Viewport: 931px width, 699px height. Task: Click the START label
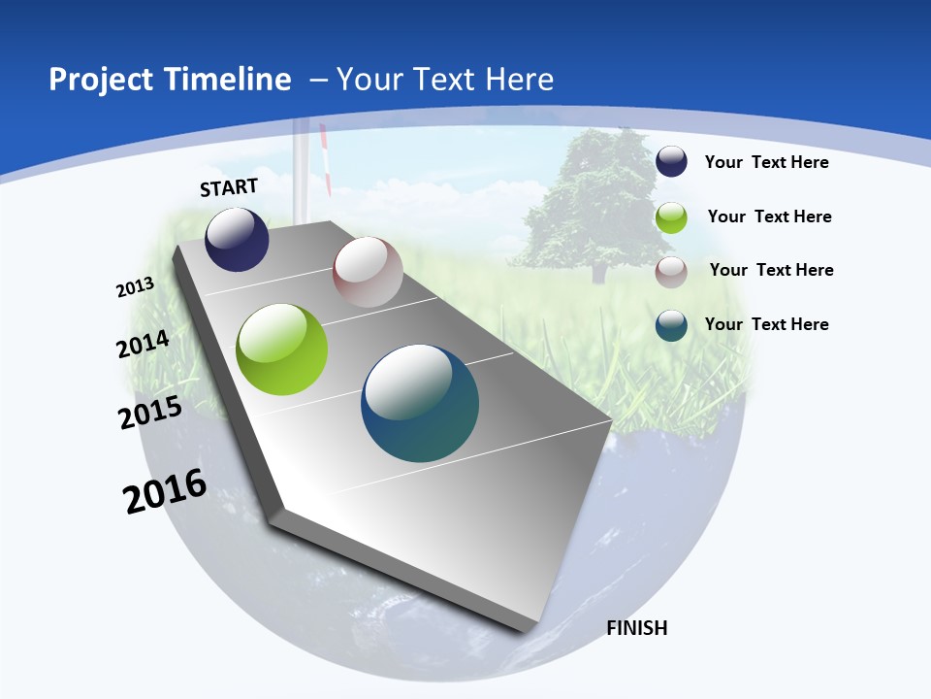click(x=229, y=187)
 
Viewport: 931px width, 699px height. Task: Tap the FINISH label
click(x=637, y=628)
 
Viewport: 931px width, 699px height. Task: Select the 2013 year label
click(x=136, y=286)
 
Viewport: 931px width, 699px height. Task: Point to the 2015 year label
click(x=150, y=413)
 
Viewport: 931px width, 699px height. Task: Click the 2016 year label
click(x=165, y=491)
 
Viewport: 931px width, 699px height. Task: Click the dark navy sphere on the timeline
click(x=237, y=240)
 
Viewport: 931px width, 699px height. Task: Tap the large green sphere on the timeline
click(x=282, y=349)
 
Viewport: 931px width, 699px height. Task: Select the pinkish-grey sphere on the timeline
click(x=368, y=272)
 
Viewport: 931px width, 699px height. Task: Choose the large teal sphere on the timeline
click(x=420, y=403)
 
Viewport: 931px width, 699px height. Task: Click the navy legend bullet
click(x=671, y=161)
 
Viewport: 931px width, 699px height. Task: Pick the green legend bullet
click(x=671, y=217)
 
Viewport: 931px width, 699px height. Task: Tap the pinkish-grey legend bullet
click(x=671, y=272)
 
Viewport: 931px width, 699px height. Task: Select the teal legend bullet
click(x=671, y=325)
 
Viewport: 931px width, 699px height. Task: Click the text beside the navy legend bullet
click(x=766, y=162)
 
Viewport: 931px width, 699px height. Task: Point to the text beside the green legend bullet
click(x=769, y=216)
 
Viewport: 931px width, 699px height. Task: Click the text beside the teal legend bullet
click(x=766, y=324)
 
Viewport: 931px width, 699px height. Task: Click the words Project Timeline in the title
click(x=170, y=80)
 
